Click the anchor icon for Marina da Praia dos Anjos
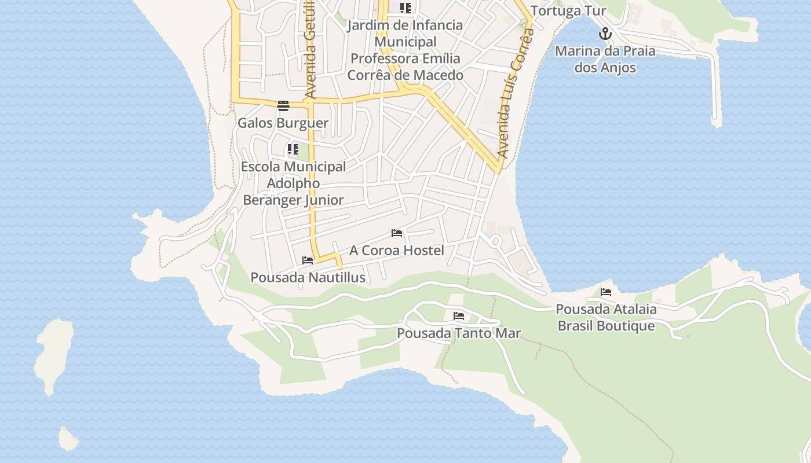tap(605, 34)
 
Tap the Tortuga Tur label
tap(568, 11)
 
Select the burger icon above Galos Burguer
tap(283, 105)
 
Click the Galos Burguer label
tap(283, 123)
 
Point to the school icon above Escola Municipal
tap(293, 150)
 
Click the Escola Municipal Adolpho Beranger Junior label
tap(293, 183)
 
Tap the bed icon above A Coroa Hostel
tap(397, 233)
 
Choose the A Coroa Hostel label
tap(397, 251)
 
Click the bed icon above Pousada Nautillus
tap(308, 260)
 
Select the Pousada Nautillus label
tap(308, 278)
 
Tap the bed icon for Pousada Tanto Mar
tap(459, 316)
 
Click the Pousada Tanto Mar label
tap(459, 333)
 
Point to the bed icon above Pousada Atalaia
tap(606, 292)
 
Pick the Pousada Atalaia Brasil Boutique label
tap(606, 318)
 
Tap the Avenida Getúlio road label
tap(310, 49)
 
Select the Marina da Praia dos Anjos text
tap(605, 59)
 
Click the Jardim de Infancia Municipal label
tap(405, 34)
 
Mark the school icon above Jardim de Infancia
tap(405, 8)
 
